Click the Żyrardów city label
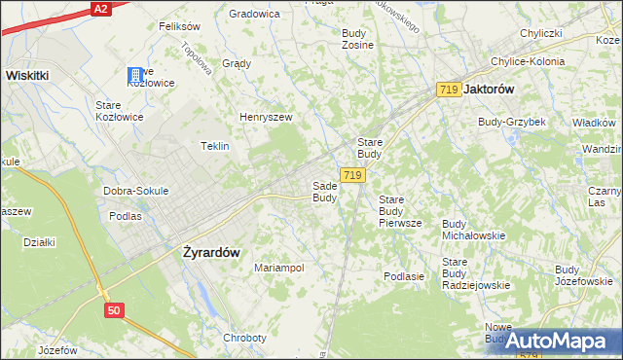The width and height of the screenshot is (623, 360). point(211,251)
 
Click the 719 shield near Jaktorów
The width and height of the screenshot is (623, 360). point(449,90)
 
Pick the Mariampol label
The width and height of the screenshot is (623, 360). point(279,268)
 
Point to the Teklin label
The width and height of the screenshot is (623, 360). point(214,146)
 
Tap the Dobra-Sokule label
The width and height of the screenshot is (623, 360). point(135,191)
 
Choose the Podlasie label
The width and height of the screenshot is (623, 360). point(404,276)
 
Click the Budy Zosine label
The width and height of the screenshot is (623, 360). point(358,39)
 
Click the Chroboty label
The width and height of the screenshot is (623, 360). point(244,338)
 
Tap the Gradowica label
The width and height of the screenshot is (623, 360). point(254,15)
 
